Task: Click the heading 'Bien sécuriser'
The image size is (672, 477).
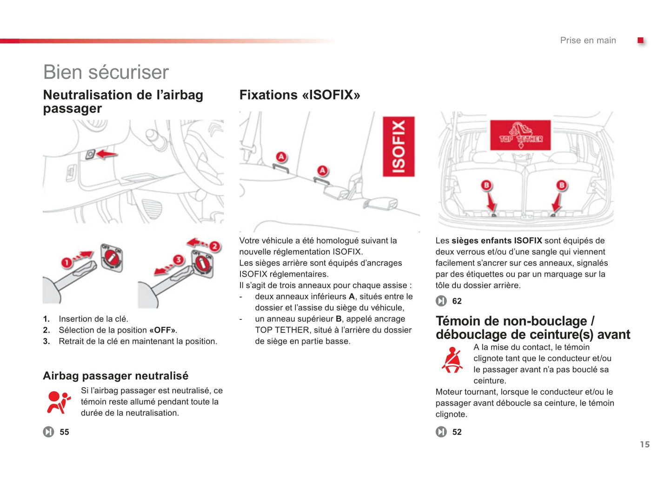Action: click(106, 73)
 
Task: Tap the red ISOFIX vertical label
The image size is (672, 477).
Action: click(399, 146)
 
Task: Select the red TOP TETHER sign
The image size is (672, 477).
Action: click(520, 135)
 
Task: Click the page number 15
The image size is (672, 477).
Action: click(645, 444)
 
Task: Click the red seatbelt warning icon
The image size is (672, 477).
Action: click(452, 360)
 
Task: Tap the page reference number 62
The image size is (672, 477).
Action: click(457, 301)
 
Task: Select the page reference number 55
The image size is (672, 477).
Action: click(64, 432)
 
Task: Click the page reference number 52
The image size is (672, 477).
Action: click(457, 432)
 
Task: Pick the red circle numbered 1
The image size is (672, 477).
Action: click(67, 263)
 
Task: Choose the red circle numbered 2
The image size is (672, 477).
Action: click(214, 246)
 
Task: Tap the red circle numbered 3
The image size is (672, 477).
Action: click(178, 259)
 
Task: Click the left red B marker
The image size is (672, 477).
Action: click(486, 185)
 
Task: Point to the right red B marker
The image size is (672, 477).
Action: click(562, 185)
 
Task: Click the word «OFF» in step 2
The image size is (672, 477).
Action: click(162, 330)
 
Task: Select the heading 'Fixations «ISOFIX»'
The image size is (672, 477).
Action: click(299, 95)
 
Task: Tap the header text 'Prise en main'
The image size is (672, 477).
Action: click(588, 40)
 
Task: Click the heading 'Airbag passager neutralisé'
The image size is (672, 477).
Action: click(116, 376)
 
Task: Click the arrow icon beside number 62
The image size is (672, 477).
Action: click(441, 301)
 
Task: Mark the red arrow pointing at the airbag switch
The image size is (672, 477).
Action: click(107, 154)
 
